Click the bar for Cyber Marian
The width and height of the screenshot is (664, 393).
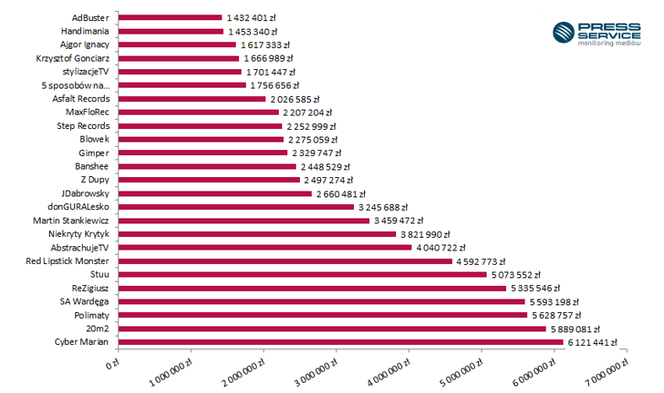pyautogui.click(x=340, y=342)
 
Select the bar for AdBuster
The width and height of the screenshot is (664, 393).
pyautogui.click(x=170, y=17)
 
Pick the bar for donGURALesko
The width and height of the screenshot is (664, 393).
pyautogui.click(x=236, y=207)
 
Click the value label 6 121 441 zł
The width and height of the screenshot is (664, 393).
pyautogui.click(x=592, y=342)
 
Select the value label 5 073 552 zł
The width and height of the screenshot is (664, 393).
pyautogui.click(x=515, y=275)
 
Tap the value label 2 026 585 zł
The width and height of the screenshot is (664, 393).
pyautogui.click(x=297, y=99)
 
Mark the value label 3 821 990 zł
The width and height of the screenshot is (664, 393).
pyautogui.click(x=425, y=234)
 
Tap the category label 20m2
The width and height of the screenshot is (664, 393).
pyautogui.click(x=98, y=328)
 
